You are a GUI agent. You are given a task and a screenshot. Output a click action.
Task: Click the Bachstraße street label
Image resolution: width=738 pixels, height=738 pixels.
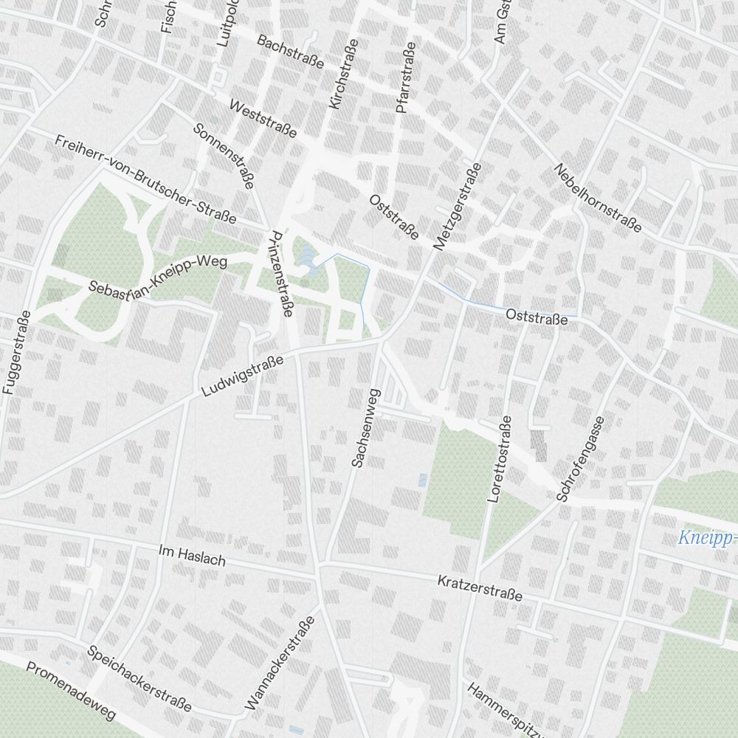tap(290, 52)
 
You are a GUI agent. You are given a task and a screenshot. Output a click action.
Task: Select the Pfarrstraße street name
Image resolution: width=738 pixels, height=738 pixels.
tap(406, 77)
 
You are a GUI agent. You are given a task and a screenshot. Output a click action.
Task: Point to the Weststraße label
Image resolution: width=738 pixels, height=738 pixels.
tap(263, 119)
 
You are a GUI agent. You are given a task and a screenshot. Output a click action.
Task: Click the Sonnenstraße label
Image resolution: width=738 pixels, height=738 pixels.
tap(223, 155)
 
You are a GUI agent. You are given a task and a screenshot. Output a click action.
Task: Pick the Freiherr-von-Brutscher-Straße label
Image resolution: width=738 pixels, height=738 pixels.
tap(145, 179)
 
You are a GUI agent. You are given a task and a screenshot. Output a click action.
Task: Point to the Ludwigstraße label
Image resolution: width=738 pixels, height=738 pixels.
tap(244, 375)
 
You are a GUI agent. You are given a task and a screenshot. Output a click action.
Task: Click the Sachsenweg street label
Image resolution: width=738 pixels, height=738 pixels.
tap(365, 428)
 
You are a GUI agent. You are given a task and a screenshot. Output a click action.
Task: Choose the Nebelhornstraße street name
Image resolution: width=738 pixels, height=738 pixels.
tap(598, 198)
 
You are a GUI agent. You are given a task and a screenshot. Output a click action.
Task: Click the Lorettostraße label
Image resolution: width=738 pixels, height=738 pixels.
tap(500, 459)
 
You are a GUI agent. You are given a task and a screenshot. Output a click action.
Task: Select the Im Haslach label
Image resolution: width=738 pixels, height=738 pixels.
tap(192, 555)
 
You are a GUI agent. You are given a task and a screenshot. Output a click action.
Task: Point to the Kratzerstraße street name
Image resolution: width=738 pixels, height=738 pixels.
tap(480, 588)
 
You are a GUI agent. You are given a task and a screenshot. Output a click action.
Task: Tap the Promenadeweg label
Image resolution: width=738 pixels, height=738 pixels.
tap(72, 691)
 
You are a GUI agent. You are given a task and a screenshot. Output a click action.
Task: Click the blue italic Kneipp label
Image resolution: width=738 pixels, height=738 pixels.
tap(707, 538)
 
